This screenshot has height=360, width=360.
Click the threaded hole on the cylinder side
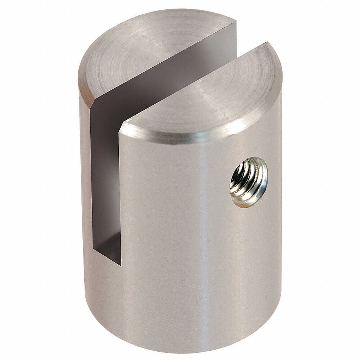tap(249, 182)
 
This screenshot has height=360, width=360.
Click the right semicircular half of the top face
tap(209, 94)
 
